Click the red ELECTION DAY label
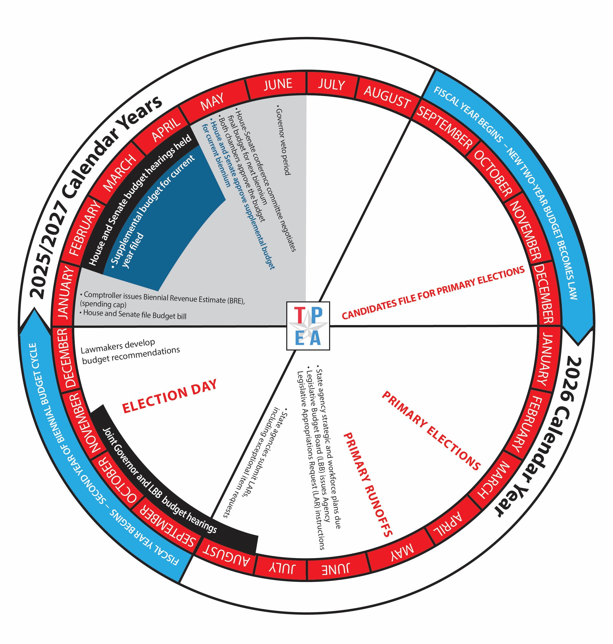pyautogui.click(x=169, y=396)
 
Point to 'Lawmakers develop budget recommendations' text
pyautogui.click(x=130, y=351)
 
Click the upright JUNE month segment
pyautogui.click(x=278, y=85)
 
